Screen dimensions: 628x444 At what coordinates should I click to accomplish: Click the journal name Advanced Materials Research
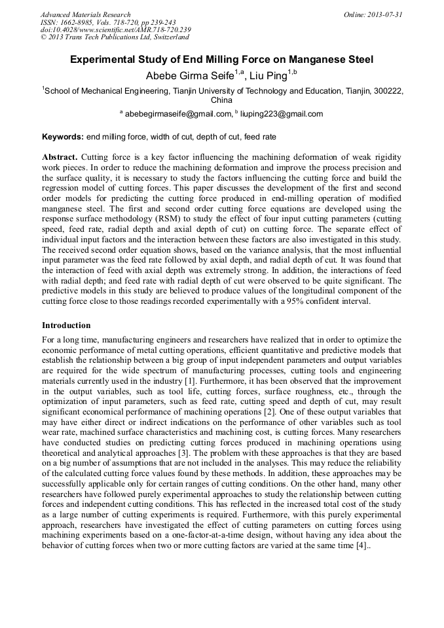[x=85, y=14]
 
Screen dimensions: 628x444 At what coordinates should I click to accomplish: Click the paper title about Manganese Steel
[x=222, y=60]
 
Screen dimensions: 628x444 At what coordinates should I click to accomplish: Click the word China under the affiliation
[x=221, y=101]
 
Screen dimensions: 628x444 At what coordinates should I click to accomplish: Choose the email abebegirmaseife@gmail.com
[x=178, y=114]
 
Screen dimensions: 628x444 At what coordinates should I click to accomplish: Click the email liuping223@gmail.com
[x=282, y=114]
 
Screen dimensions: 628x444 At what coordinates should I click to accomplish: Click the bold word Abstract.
[x=60, y=158]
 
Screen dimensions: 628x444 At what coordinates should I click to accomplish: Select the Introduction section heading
[x=66, y=325]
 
